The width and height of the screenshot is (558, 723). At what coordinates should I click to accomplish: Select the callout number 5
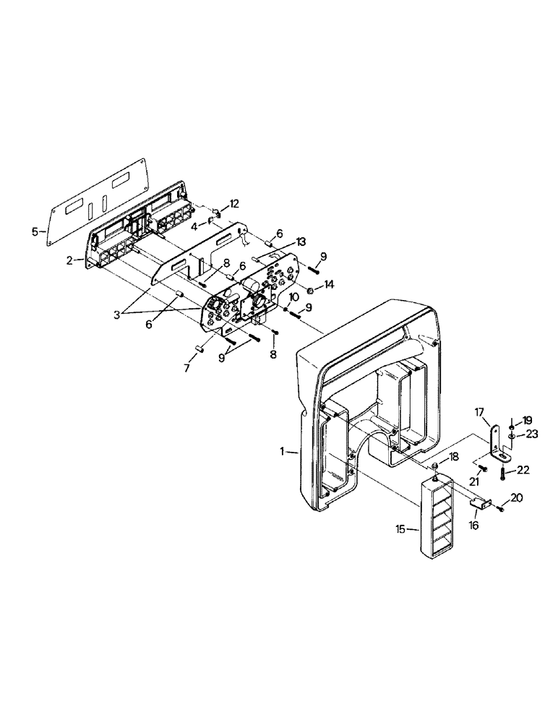(x=34, y=232)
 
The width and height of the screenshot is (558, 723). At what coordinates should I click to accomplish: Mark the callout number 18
(x=455, y=457)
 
